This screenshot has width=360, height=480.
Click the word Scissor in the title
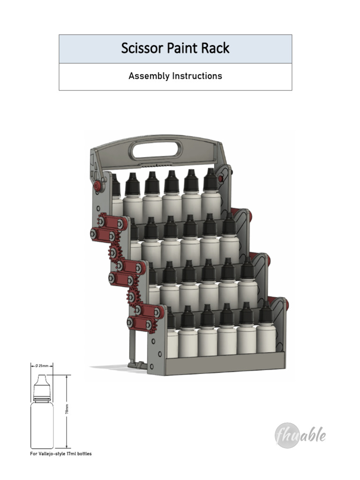tap(142, 48)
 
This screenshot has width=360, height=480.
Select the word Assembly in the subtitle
tap(149, 76)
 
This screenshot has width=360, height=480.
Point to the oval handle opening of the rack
tap(156, 150)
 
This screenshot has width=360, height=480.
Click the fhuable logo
tap(300, 435)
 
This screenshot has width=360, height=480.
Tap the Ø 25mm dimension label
tap(42, 366)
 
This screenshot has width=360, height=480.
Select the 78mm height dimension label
tap(67, 409)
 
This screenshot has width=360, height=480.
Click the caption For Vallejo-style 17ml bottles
tap(61, 454)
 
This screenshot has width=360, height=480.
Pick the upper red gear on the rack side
tap(113, 253)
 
